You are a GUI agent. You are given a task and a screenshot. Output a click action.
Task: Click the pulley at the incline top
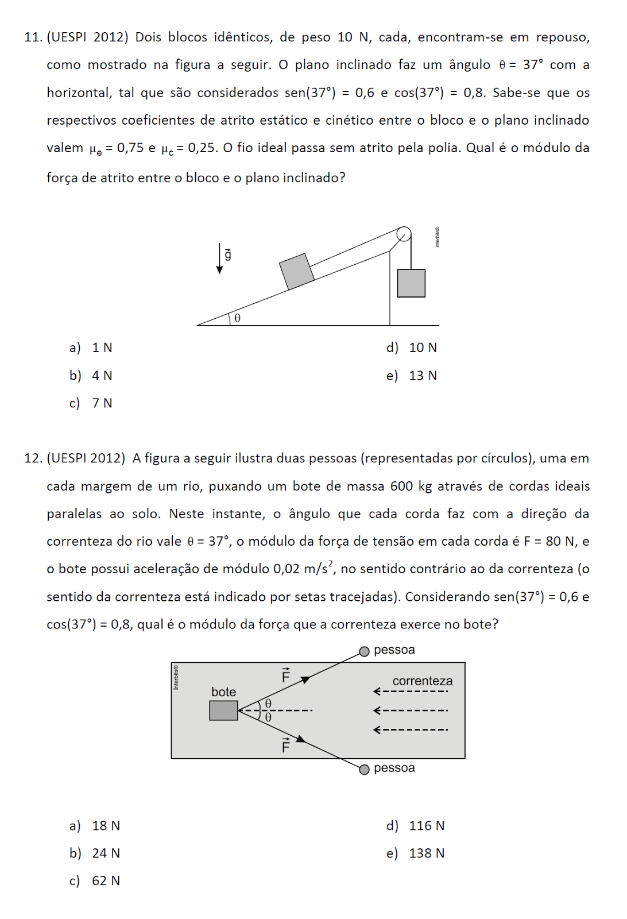point(404,234)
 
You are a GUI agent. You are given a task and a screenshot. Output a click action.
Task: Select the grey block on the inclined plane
point(296,271)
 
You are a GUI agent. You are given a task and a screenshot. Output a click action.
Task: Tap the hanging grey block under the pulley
point(411,283)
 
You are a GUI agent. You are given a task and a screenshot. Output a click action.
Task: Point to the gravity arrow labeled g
point(220,257)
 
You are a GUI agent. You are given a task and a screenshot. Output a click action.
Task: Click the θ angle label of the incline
point(237,318)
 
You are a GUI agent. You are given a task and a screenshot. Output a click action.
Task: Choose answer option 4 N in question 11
point(102,376)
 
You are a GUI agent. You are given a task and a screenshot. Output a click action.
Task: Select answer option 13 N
point(423,376)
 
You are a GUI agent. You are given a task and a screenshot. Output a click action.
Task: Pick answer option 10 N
point(423,347)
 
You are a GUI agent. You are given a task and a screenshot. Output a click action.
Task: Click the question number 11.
point(33,37)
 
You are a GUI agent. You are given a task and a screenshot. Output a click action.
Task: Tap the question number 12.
point(33,458)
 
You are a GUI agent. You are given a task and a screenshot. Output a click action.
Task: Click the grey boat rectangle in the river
point(223,711)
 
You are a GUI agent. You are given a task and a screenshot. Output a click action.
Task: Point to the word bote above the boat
point(223,692)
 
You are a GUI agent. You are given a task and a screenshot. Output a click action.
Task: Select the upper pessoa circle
point(364,651)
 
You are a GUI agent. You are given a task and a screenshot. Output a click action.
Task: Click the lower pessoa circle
point(364,769)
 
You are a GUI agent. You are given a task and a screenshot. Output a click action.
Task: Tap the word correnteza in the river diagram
point(422,681)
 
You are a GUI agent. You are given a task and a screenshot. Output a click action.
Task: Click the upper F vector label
point(286,675)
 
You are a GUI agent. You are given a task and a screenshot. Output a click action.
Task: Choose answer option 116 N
point(426,826)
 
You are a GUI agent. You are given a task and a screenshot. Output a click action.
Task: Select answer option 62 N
point(106,881)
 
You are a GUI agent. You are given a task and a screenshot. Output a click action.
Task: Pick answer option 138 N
point(426,854)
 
